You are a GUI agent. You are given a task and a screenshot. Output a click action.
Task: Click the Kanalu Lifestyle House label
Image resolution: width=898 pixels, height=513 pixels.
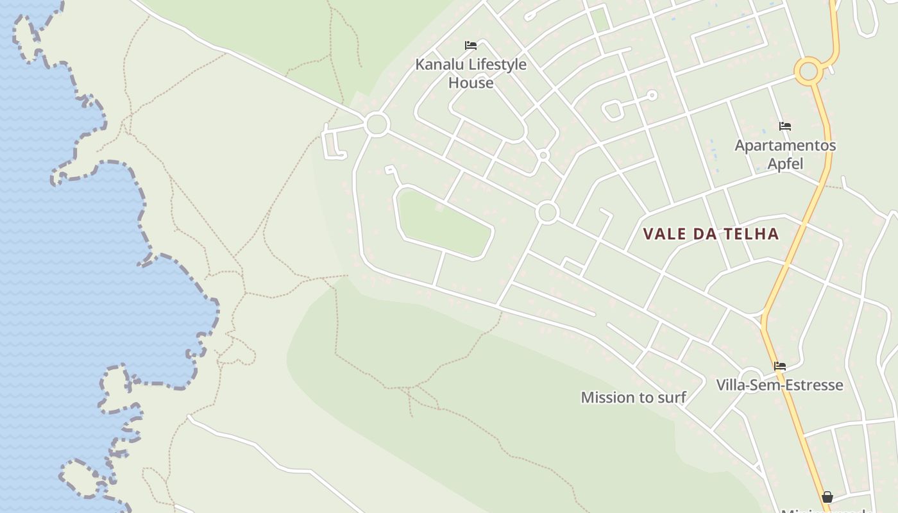point(471,73)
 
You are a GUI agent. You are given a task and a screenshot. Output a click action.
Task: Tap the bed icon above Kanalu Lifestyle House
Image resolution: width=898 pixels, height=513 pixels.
point(471,46)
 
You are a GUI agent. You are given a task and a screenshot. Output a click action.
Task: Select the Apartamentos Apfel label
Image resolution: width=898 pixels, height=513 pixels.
point(785,154)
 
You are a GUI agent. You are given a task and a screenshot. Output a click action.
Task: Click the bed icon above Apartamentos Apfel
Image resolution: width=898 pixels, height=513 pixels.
point(785,126)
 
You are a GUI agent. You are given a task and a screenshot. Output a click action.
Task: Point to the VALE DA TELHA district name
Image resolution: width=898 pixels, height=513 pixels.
point(711,234)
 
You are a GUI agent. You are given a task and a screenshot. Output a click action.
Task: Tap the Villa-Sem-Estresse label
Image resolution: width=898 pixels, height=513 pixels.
point(779,385)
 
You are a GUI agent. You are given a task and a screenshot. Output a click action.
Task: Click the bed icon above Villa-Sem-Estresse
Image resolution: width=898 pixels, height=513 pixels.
point(780,366)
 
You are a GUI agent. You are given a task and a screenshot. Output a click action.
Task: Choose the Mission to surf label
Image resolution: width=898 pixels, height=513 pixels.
point(633,398)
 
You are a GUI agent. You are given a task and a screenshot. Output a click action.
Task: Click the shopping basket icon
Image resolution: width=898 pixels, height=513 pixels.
point(827,496)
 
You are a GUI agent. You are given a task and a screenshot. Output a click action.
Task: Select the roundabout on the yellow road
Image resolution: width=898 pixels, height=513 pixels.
point(808,71)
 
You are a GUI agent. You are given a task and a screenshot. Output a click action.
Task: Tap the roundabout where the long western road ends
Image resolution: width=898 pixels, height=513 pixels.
point(377,124)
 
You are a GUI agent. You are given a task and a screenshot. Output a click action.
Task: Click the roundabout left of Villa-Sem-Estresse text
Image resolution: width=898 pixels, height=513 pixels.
point(750,378)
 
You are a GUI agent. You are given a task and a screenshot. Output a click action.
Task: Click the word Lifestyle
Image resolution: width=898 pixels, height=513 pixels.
point(497,64)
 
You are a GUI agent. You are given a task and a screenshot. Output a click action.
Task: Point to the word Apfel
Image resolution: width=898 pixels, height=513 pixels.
point(785,164)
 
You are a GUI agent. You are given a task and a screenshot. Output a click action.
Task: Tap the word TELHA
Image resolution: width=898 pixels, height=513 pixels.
point(752,234)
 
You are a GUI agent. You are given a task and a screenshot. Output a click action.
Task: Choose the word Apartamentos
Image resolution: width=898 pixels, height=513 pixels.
point(785,145)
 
